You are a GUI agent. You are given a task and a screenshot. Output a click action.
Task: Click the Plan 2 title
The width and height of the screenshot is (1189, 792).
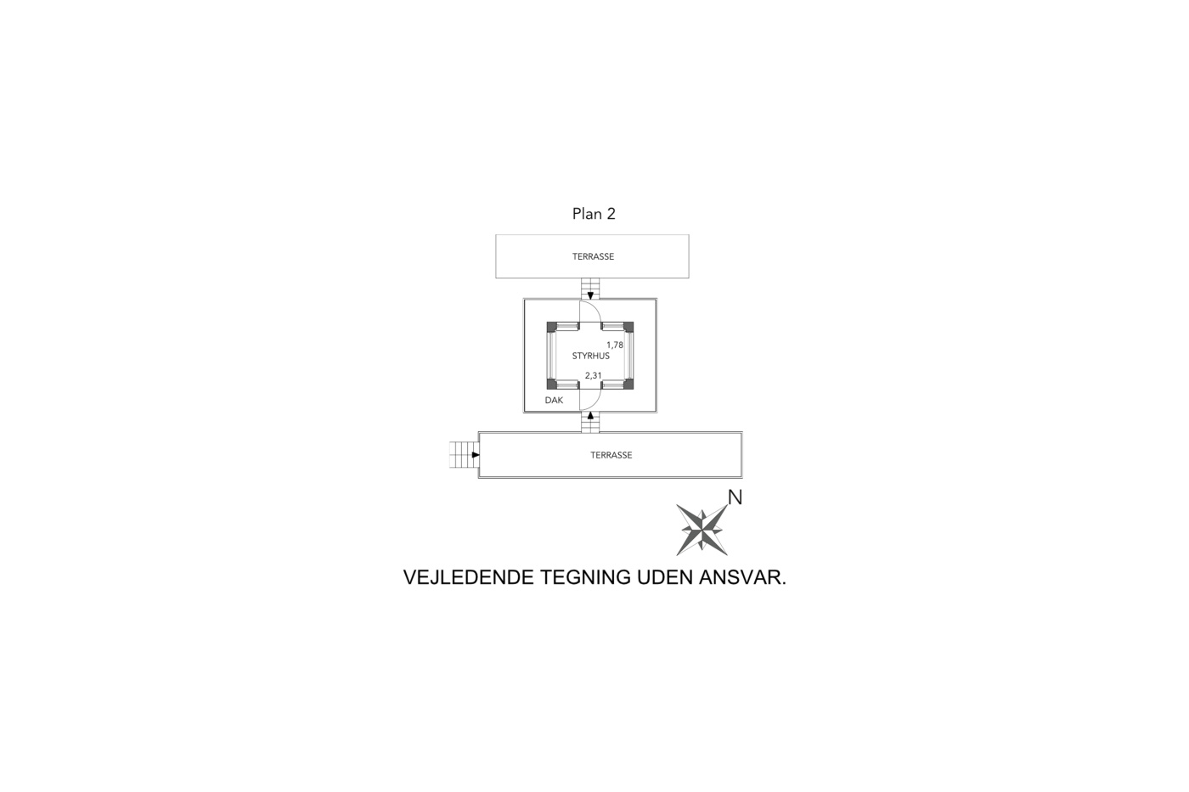594,214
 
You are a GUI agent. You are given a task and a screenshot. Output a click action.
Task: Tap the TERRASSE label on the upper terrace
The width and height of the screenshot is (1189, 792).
593,256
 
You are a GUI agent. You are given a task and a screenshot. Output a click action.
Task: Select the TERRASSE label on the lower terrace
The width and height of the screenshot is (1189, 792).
611,455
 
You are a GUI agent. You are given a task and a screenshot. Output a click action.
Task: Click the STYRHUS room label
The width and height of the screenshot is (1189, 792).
591,356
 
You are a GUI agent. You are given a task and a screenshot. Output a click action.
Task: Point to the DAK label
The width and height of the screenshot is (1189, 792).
554,401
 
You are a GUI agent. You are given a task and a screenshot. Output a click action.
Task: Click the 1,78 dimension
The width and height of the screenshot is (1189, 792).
615,345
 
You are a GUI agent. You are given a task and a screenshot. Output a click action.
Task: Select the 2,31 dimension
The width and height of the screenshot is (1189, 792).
594,375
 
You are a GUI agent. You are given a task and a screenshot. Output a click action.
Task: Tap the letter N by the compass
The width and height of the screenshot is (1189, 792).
735,497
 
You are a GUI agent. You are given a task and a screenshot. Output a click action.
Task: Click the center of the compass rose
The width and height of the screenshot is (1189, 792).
702,530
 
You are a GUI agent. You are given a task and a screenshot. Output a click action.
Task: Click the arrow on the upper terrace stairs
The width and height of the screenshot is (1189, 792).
590,295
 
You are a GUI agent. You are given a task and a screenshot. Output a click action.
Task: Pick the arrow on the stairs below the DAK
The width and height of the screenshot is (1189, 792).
590,415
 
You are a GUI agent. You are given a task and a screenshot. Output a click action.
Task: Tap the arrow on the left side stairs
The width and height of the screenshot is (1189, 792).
476,455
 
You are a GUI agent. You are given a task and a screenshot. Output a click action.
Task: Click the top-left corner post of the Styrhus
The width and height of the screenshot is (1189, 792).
552,327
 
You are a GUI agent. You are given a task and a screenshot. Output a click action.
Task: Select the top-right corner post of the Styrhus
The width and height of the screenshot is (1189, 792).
628,327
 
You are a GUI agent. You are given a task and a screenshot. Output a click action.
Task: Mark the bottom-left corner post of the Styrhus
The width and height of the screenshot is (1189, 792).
552,384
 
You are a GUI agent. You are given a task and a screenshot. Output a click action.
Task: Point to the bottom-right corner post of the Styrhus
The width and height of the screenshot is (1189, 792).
628,384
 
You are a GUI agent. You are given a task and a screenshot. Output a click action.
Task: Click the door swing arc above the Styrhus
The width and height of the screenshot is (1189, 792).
595,306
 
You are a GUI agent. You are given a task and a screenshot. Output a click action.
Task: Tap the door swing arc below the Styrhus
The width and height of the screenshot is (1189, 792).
595,405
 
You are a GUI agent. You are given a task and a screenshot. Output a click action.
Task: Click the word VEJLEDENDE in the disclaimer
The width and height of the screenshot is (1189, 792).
468,577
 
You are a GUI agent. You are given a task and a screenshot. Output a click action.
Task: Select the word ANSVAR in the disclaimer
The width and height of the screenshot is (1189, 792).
742,577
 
